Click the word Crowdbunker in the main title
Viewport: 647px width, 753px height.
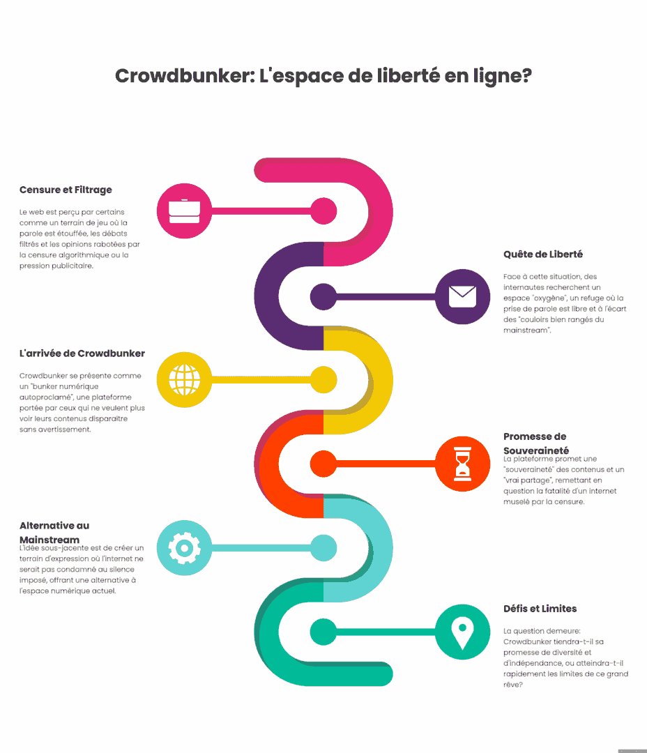click(x=185, y=76)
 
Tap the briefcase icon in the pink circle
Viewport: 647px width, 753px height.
click(x=185, y=211)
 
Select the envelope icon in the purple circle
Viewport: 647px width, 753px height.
click(x=462, y=296)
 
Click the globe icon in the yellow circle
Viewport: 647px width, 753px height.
click(x=185, y=380)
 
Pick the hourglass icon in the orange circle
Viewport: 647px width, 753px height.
click(x=462, y=464)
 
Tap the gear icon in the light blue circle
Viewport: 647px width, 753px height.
click(x=185, y=548)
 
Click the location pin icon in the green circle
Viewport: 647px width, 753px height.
click(x=462, y=633)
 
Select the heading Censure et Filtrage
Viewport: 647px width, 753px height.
click(x=66, y=190)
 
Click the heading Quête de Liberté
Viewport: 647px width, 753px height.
click(x=543, y=254)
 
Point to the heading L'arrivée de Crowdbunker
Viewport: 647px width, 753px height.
click(x=82, y=353)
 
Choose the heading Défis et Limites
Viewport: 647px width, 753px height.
click(x=540, y=609)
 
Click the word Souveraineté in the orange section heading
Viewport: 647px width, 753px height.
click(x=536, y=450)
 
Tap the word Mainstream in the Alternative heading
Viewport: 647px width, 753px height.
click(x=50, y=540)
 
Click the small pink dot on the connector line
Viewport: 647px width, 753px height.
click(x=323, y=211)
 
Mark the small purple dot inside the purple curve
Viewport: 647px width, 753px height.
click(x=323, y=297)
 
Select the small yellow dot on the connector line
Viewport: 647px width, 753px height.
click(x=323, y=380)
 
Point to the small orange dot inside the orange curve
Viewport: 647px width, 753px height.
click(x=323, y=464)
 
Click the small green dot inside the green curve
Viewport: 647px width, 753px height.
click(x=323, y=632)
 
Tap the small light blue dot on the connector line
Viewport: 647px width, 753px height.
click(x=323, y=548)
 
